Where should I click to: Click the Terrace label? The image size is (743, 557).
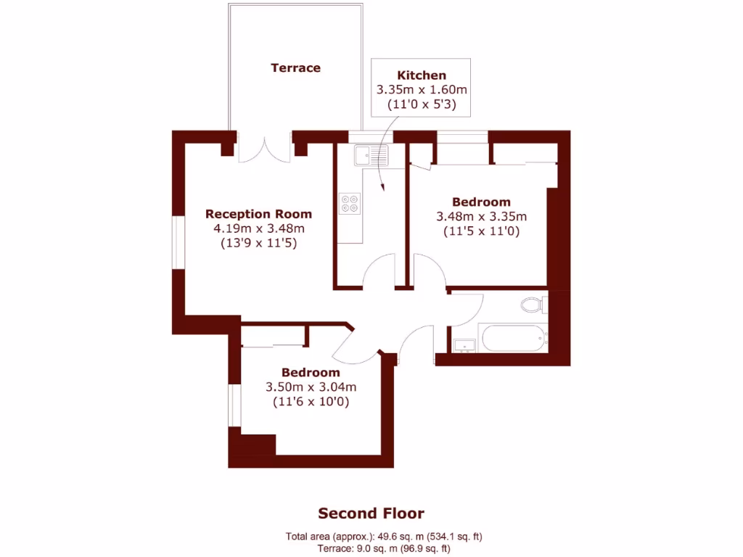point(295,67)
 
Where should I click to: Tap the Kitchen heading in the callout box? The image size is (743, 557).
point(422,75)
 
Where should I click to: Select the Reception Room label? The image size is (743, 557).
point(258,214)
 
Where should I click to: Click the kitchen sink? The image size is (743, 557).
point(371,154)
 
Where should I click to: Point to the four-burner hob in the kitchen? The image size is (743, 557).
point(350,203)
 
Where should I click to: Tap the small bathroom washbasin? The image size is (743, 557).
point(464,344)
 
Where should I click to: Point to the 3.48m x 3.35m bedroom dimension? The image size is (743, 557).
point(481,216)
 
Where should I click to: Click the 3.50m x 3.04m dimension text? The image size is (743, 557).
point(311,387)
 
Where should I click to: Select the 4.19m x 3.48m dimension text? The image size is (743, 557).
point(258,228)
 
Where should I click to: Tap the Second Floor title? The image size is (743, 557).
point(371,513)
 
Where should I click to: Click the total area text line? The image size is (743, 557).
point(384,537)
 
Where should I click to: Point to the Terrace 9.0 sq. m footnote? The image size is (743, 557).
point(383,549)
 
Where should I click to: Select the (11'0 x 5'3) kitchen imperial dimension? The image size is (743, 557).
point(421,104)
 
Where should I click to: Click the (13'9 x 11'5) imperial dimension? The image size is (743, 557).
point(258,244)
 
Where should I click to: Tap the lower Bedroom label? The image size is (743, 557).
point(311,372)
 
